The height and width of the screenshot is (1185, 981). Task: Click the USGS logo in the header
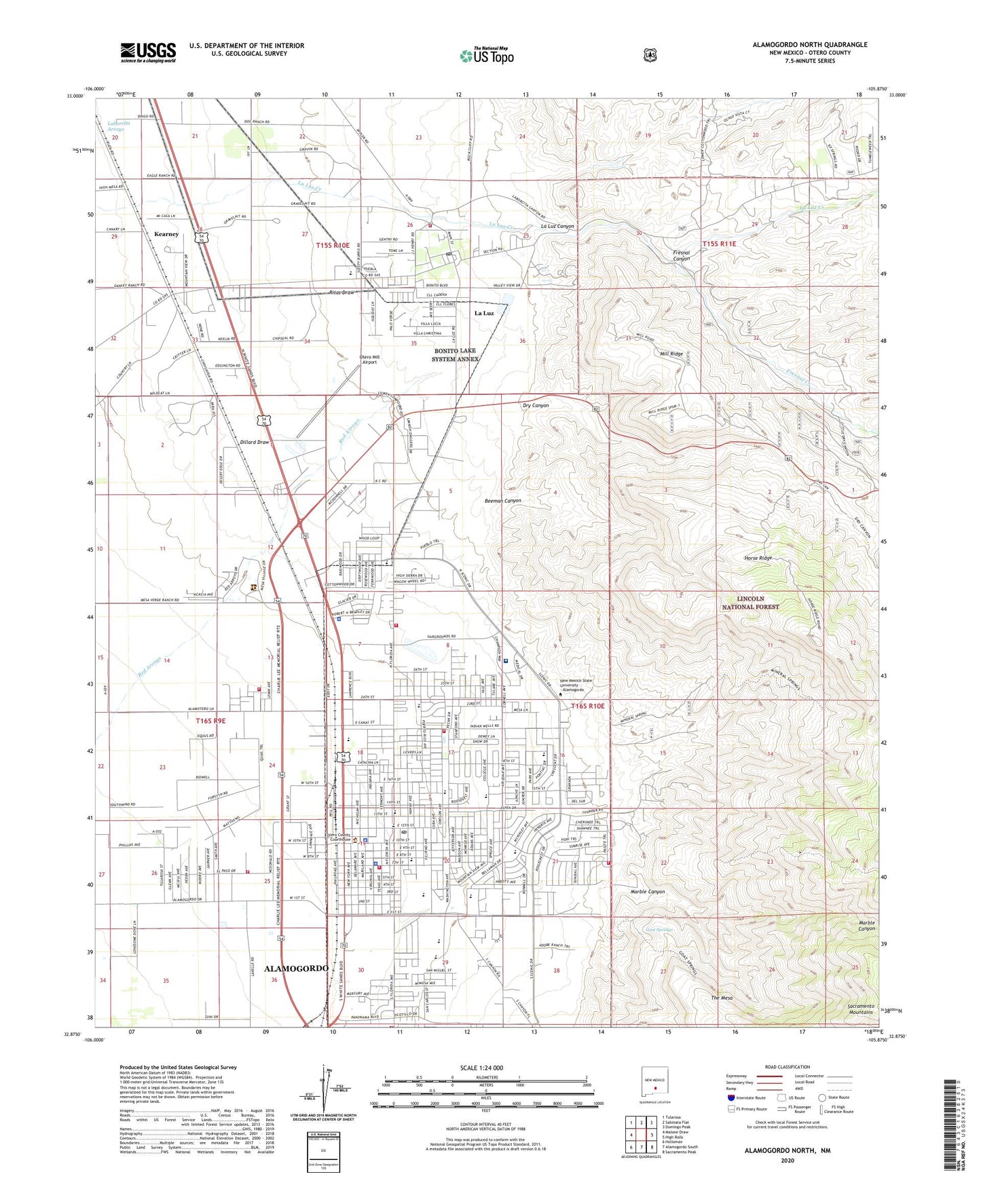click(x=148, y=52)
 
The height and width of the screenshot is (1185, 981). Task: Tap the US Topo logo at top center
click(x=486, y=55)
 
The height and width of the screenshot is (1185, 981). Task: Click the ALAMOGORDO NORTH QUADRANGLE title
click(x=809, y=45)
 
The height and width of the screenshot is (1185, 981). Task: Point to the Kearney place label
click(x=166, y=234)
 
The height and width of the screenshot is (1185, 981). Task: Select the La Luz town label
click(x=484, y=314)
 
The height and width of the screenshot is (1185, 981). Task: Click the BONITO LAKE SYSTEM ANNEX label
click(x=456, y=354)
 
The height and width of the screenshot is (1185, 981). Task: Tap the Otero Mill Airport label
click(x=369, y=360)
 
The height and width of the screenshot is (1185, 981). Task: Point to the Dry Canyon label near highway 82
click(x=536, y=406)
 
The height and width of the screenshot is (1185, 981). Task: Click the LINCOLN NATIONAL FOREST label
click(x=749, y=603)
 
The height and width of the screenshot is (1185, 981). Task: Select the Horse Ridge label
click(x=758, y=558)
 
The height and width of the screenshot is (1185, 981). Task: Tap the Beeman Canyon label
click(x=503, y=500)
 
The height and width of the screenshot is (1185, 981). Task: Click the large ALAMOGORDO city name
click(x=296, y=968)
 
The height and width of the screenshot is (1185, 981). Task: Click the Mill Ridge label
click(x=671, y=354)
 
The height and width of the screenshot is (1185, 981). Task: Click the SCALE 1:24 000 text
click(x=485, y=1068)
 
